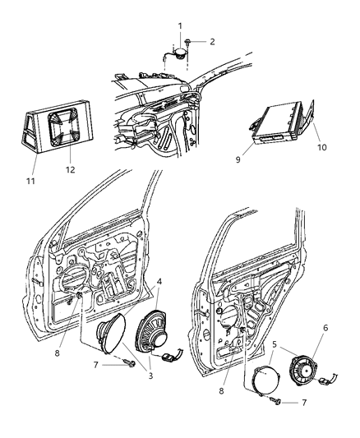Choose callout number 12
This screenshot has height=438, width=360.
coord(70,169)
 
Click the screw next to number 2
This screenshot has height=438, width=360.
coord(188,41)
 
